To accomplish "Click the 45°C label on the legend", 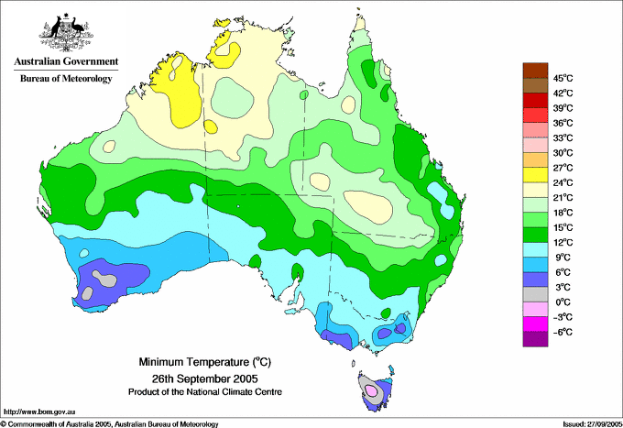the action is (563, 78).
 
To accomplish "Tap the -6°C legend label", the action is (563, 332).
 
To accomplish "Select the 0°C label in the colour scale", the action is (563, 302).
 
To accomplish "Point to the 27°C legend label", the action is (563, 168).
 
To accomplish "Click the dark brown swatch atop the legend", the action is (535, 71).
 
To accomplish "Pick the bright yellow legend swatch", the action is (535, 175).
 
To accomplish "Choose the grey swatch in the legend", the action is (535, 294).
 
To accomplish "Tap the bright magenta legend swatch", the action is (535, 324).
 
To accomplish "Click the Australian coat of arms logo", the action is (66, 32).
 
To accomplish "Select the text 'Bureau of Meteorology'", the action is (66, 79).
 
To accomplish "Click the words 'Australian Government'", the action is (66, 61).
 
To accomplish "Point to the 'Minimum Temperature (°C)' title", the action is (204, 362).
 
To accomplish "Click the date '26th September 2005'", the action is (204, 378).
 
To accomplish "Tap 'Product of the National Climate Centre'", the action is (205, 392).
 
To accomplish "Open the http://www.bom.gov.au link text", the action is (39, 412).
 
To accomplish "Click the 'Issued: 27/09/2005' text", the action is (593, 424).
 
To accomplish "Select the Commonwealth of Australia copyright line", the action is (110, 424).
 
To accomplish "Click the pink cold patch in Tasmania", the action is (371, 390).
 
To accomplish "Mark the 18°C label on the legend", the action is (563, 213).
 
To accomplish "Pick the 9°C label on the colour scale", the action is (563, 258).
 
